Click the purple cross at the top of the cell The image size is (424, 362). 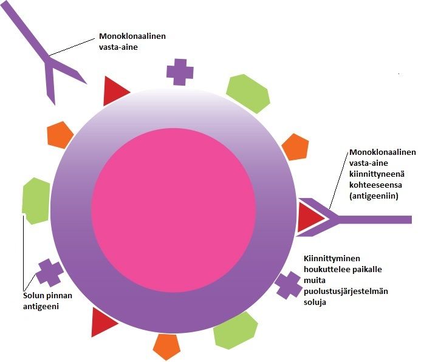click(180, 72)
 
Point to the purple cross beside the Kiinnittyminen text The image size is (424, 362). click(289, 284)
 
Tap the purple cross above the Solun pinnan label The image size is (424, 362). click(49, 273)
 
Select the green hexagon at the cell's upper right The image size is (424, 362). click(247, 92)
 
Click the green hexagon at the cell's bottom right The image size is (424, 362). click(236, 331)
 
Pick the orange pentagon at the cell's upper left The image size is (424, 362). click(60, 134)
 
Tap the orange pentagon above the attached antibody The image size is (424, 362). click(296, 146)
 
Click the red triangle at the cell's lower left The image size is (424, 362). click(102, 323)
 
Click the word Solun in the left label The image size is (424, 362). click(30, 296)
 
